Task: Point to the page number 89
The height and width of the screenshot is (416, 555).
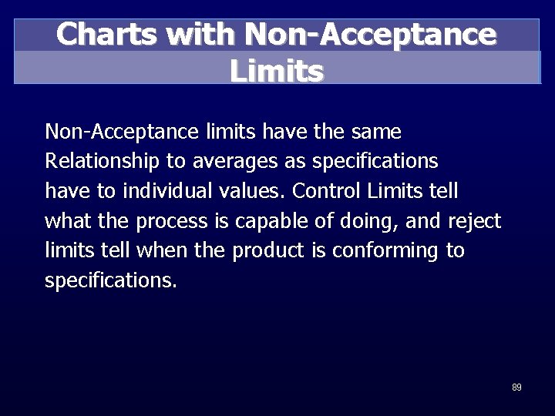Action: [x=516, y=387]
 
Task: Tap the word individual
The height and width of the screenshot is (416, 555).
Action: [x=158, y=191]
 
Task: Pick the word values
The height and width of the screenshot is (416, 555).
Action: [x=250, y=191]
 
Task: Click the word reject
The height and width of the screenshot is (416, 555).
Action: [x=474, y=222]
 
